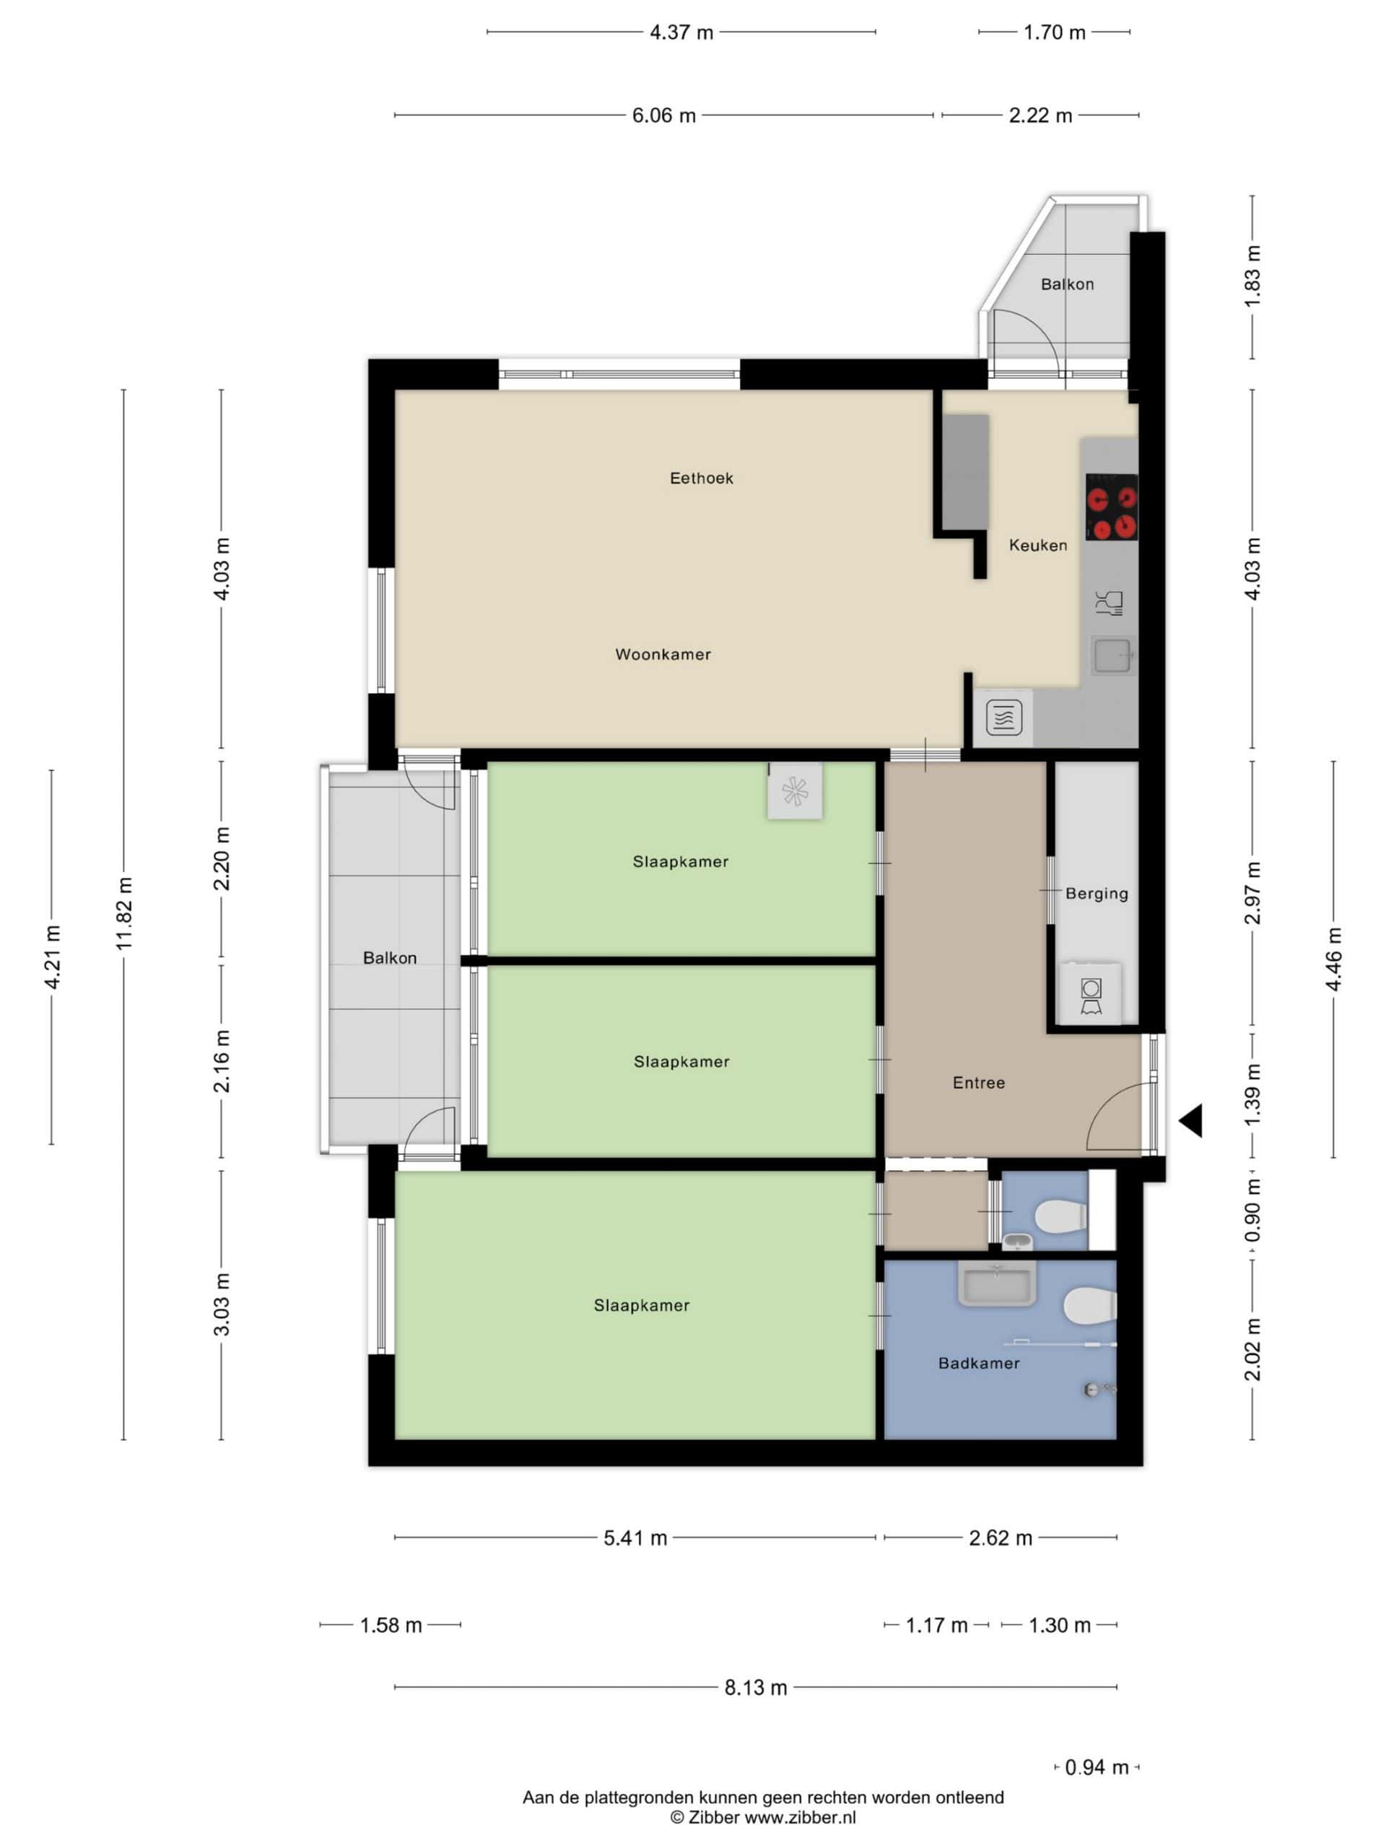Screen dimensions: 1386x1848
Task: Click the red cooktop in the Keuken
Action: point(1112,506)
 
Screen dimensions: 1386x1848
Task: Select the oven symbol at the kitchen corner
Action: point(1003,717)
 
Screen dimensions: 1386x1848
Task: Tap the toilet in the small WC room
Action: point(1061,1216)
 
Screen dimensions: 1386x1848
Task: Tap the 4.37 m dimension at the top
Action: point(681,32)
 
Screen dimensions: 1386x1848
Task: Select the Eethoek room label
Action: point(702,478)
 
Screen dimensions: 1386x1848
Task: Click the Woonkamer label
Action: point(663,654)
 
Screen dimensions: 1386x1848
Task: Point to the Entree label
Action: point(978,1083)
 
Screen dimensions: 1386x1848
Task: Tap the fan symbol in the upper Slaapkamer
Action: point(795,790)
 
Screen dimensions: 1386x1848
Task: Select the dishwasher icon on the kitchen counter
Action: point(1110,602)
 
